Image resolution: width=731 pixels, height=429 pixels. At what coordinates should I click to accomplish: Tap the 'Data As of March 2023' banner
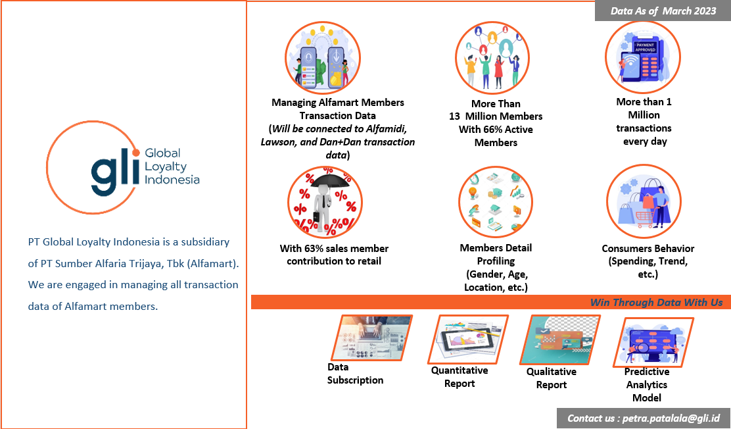click(663, 11)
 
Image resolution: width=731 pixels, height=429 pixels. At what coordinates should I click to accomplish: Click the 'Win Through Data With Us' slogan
click(656, 302)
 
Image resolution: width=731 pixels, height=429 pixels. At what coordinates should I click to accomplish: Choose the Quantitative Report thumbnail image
click(469, 340)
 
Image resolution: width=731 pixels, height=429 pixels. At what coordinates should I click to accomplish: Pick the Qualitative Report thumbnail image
click(559, 340)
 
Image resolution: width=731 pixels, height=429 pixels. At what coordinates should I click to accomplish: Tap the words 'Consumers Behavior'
click(648, 249)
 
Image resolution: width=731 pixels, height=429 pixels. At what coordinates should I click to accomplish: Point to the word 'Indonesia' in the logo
click(172, 180)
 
